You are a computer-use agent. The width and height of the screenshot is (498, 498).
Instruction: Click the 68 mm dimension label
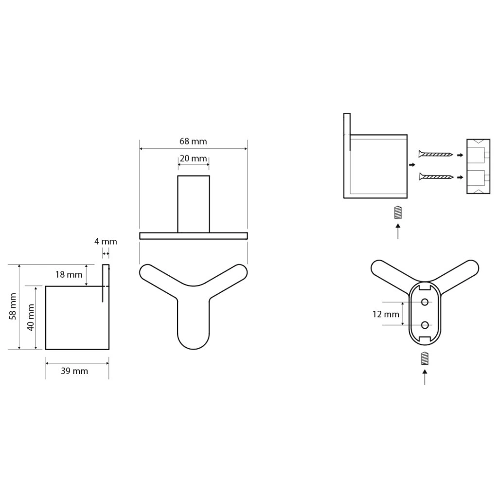tap(193, 142)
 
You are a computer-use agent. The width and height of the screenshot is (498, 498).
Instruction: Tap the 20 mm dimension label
tap(193, 158)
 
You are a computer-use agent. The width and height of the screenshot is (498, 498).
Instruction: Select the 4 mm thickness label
tap(106, 241)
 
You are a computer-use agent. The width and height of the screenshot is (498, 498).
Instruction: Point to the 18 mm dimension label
tap(69, 274)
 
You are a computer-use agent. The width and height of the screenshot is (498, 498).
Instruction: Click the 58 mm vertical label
tap(13, 306)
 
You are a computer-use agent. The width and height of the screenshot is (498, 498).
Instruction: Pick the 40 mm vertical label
tap(31, 317)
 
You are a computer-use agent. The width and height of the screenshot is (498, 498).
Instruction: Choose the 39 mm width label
tap(74, 371)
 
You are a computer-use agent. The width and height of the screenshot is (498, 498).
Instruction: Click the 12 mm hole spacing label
tap(386, 314)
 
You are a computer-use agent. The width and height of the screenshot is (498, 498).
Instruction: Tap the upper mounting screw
tap(436, 154)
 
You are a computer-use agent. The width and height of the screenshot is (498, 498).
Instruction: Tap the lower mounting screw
tap(436, 176)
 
